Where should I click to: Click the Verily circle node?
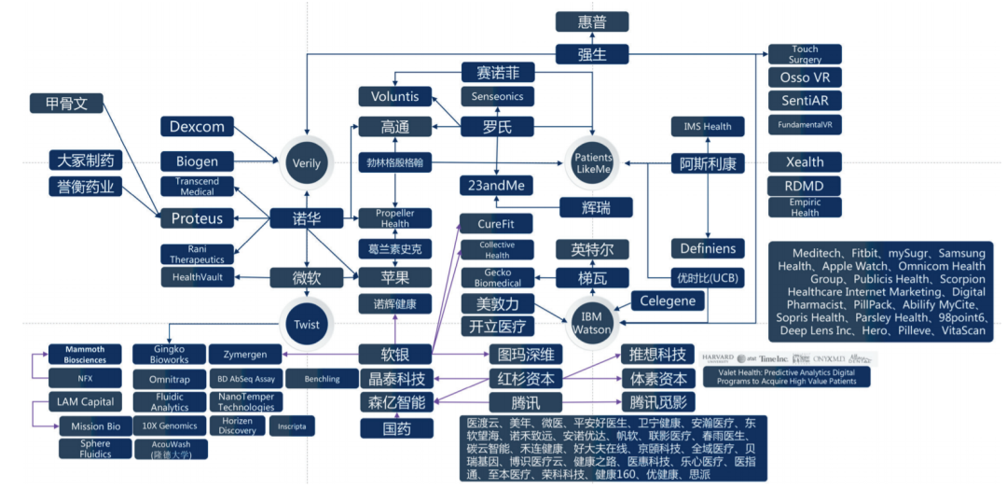pyautogui.click(x=307, y=163)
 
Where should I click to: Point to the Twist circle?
pyautogui.click(x=307, y=325)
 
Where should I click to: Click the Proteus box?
pyautogui.click(x=197, y=218)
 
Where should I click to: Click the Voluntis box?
pyautogui.click(x=395, y=96)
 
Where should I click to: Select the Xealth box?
pyautogui.click(x=805, y=161)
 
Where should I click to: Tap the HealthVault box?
pyautogui.click(x=196, y=277)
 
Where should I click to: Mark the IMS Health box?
pyautogui.click(x=708, y=126)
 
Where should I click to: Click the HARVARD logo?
pyautogui.click(x=716, y=358)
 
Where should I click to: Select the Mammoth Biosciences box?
pyautogui.click(x=85, y=355)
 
